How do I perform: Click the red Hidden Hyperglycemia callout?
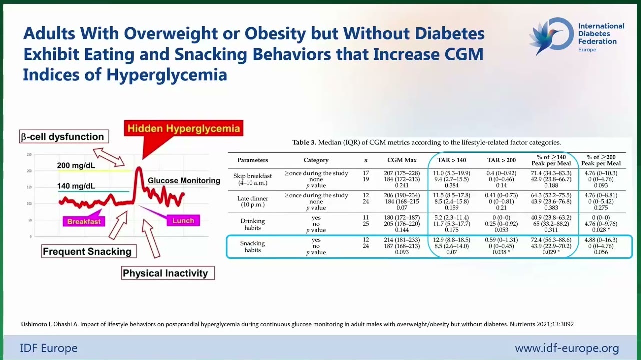click(184, 128)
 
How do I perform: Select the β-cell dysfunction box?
click(64, 137)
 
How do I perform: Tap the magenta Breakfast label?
click(84, 221)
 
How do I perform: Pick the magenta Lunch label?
click(183, 220)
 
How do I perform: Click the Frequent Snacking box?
click(89, 251)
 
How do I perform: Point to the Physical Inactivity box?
click(168, 273)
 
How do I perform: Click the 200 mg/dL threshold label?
click(76, 165)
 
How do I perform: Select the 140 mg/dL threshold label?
click(76, 186)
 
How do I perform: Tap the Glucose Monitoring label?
click(184, 180)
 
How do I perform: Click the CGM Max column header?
click(402, 160)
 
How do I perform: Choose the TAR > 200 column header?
click(501, 160)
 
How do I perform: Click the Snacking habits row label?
click(252, 246)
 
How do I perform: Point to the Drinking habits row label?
click(252, 224)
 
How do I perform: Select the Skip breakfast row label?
click(252, 179)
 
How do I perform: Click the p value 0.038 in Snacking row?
click(501, 252)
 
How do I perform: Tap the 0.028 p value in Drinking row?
click(601, 230)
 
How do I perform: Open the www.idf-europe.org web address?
click(567, 348)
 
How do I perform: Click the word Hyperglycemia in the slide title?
click(167, 75)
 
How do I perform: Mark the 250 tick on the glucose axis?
click(29, 155)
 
